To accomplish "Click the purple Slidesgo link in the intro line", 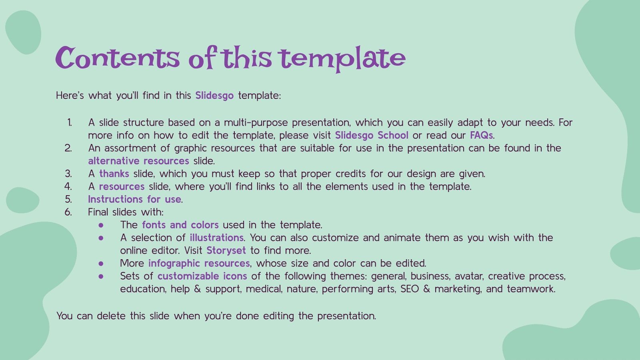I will pyautogui.click(x=214, y=96).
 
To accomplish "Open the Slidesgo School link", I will pyautogui.click(x=372, y=135).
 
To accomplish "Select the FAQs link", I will pyautogui.click(x=481, y=135).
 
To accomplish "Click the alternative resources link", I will pyautogui.click(x=138, y=161).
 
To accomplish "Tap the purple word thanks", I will pyautogui.click(x=114, y=174).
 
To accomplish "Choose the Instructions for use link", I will pyautogui.click(x=134, y=199).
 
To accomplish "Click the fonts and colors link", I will pyautogui.click(x=180, y=225).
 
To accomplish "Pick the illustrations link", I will pyautogui.click(x=216, y=238).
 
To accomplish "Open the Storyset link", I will pyautogui.click(x=226, y=250).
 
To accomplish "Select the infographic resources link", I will pyautogui.click(x=199, y=263).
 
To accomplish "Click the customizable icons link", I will pyautogui.click(x=202, y=276).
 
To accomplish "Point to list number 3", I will pyautogui.click(x=68, y=174).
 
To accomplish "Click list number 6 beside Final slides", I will pyautogui.click(x=68, y=212).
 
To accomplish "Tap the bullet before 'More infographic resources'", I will pyautogui.click(x=101, y=263).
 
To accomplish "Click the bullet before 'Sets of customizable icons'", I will pyautogui.click(x=101, y=276).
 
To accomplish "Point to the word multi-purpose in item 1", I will pyautogui.click(x=256, y=122).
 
